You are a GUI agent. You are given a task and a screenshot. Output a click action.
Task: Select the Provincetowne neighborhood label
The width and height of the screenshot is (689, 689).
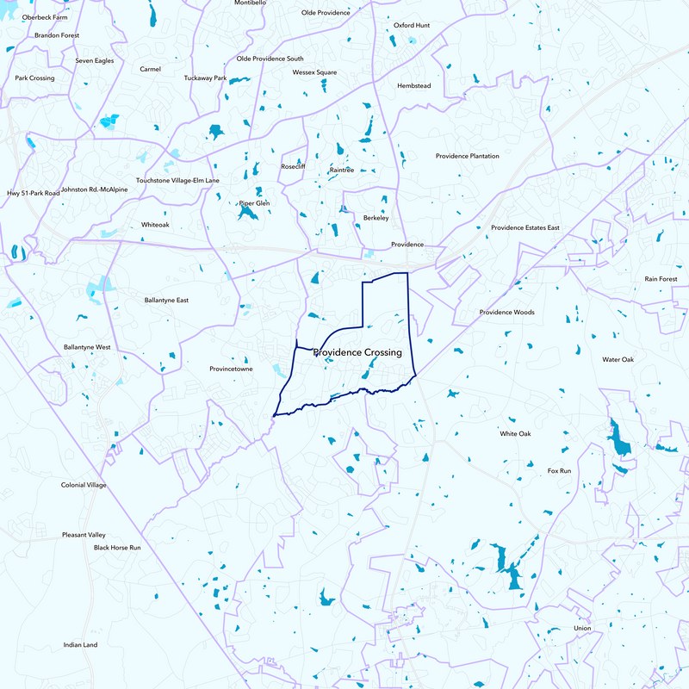231,369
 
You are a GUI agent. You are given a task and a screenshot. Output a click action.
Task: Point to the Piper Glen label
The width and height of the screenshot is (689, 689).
254,203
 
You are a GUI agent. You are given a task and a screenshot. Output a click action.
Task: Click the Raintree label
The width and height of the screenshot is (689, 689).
342,171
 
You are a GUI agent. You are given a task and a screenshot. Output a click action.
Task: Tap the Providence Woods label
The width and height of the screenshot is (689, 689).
506,312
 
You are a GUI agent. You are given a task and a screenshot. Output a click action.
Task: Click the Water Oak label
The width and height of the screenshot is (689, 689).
618,359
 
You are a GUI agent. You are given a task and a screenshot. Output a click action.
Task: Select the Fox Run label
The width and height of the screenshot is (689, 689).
560,471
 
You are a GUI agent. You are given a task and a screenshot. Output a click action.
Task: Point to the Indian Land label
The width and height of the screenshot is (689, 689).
80,645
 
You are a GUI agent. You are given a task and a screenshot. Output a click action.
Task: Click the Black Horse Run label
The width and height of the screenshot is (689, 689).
117,548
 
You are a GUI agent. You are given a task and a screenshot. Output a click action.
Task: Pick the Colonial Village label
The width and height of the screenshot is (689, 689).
84,485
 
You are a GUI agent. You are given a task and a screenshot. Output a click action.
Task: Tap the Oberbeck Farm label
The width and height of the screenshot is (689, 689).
46,16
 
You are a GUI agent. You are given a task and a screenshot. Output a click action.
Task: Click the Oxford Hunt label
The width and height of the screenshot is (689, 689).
411,26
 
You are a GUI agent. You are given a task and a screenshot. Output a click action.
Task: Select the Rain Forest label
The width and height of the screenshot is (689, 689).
661,279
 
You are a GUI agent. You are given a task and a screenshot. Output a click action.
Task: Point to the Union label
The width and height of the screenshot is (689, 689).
582,629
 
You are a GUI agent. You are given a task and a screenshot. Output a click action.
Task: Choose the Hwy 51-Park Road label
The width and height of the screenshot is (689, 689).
34,194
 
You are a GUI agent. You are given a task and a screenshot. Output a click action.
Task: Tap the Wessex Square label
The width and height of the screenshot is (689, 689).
314,72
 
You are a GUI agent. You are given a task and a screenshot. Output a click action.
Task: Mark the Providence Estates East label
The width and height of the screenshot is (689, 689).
525,228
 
